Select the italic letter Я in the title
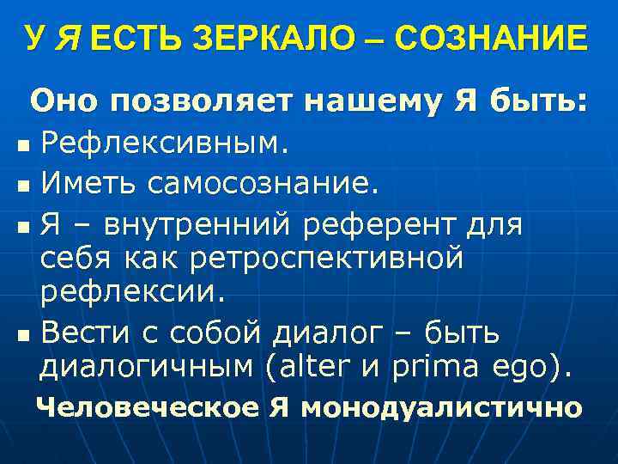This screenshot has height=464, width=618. click(67, 38)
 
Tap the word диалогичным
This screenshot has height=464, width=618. click(146, 369)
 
